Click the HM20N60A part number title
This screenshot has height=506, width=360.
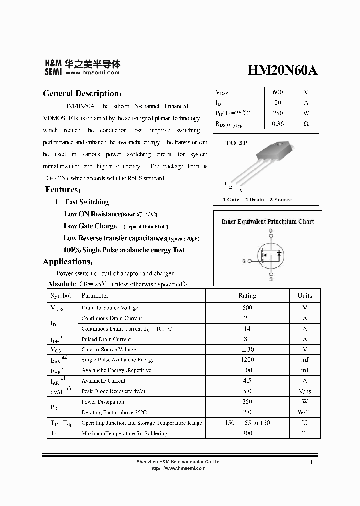(x=282, y=71)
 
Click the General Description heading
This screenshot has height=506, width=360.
(x=82, y=94)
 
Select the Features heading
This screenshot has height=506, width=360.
(x=63, y=190)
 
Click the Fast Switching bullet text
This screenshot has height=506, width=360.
(x=87, y=202)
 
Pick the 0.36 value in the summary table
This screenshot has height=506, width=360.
(x=278, y=123)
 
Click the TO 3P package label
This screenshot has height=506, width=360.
(x=236, y=143)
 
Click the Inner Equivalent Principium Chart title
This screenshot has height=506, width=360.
(x=268, y=222)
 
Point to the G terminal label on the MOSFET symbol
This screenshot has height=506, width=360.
(x=244, y=261)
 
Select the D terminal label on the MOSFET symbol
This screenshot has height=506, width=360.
(x=271, y=231)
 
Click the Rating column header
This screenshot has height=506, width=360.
(x=247, y=296)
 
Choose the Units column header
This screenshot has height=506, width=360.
(x=305, y=296)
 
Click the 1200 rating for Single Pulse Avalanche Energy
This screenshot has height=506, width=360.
(x=247, y=360)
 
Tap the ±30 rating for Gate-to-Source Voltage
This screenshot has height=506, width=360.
(x=247, y=349)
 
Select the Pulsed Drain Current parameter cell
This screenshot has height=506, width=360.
(x=106, y=339)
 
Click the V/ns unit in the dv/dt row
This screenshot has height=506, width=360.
(x=305, y=391)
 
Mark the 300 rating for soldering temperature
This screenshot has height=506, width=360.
(x=247, y=433)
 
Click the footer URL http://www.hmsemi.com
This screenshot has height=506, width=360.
(x=178, y=468)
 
